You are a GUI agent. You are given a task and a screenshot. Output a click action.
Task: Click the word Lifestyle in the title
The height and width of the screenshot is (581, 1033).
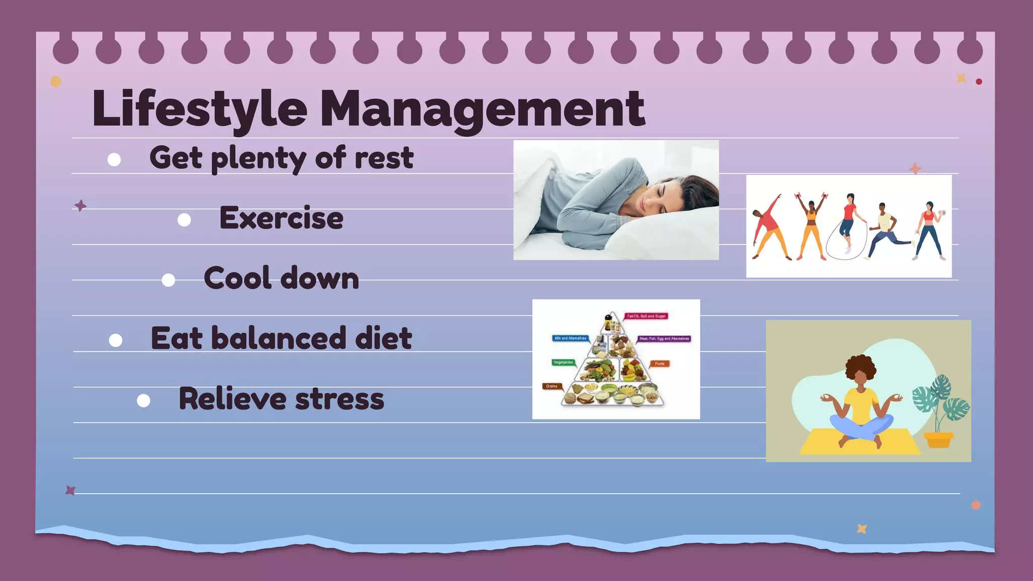pyautogui.click(x=199, y=108)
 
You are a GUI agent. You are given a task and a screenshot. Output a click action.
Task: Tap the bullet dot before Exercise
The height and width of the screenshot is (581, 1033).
pyautogui.click(x=184, y=220)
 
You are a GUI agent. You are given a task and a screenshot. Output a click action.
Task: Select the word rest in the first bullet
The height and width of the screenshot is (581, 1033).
pyautogui.click(x=384, y=158)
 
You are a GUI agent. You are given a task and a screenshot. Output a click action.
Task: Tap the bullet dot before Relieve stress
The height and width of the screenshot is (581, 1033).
pyautogui.click(x=144, y=401)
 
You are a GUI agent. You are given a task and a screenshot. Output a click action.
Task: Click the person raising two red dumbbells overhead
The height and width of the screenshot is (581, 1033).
pyautogui.click(x=811, y=224)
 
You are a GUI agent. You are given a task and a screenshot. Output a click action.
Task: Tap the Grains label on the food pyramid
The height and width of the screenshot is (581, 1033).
pyautogui.click(x=552, y=386)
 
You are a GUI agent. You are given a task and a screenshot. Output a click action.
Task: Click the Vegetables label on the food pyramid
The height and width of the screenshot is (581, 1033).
pyautogui.click(x=563, y=363)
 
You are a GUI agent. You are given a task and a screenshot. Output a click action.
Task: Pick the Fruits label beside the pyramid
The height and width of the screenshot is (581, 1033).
pyautogui.click(x=659, y=364)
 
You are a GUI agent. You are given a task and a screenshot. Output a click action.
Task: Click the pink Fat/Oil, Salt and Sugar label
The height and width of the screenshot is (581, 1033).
pyautogui.click(x=646, y=316)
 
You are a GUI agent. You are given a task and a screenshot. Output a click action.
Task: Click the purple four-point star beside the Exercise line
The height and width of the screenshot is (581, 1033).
pyautogui.click(x=80, y=206)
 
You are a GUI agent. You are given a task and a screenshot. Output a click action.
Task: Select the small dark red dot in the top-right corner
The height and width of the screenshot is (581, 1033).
pyautogui.click(x=979, y=82)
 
